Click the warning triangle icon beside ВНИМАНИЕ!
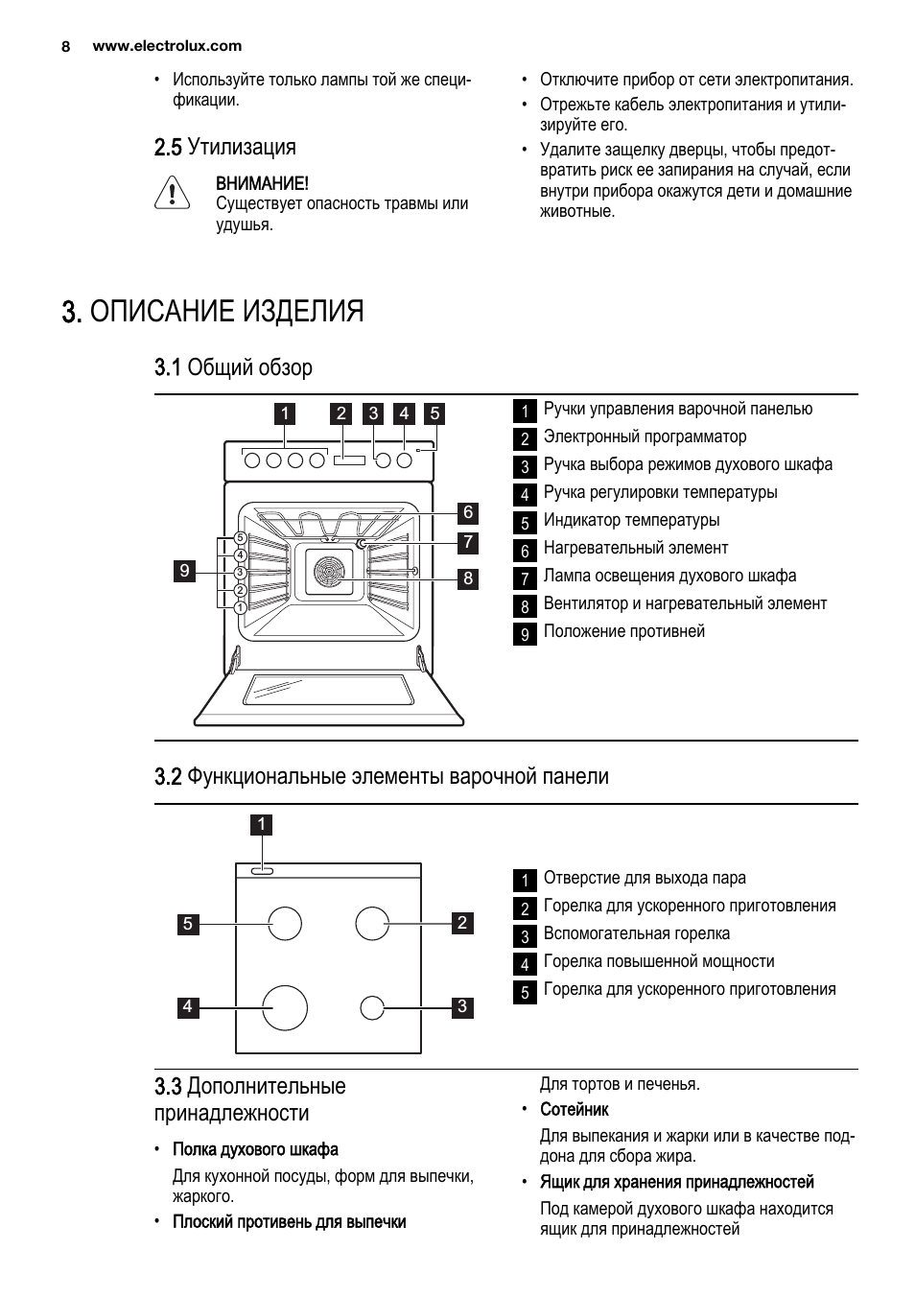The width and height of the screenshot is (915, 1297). click(x=172, y=192)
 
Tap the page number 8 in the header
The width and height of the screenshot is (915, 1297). click(x=66, y=46)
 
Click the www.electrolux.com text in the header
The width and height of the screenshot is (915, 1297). click(x=167, y=46)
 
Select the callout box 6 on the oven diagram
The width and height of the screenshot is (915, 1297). click(x=468, y=512)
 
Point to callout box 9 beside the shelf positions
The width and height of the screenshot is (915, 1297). click(x=184, y=571)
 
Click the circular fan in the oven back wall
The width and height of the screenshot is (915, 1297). click(x=329, y=572)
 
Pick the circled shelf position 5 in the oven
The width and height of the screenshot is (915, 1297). click(x=240, y=538)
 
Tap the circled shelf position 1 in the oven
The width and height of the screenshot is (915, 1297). click(x=240, y=607)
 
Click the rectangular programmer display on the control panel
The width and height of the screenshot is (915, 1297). click(x=349, y=460)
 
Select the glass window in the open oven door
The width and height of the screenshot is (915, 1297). click(x=329, y=690)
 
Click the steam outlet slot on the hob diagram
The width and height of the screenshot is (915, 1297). click(x=262, y=871)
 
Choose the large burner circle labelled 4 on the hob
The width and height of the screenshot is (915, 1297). click(x=285, y=1008)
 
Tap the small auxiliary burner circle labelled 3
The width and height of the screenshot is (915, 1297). click(x=372, y=1008)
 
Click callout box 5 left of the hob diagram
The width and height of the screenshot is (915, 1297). click(x=188, y=924)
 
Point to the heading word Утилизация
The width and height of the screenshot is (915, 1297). click(x=242, y=147)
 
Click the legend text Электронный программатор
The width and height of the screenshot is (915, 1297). click(x=645, y=436)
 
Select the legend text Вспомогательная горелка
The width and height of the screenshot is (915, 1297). click(x=637, y=934)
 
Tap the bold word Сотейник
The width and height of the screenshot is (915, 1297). click(x=575, y=1109)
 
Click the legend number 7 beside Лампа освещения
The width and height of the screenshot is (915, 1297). click(x=525, y=578)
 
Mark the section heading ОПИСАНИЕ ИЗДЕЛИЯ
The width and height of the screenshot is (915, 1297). click(x=227, y=312)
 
